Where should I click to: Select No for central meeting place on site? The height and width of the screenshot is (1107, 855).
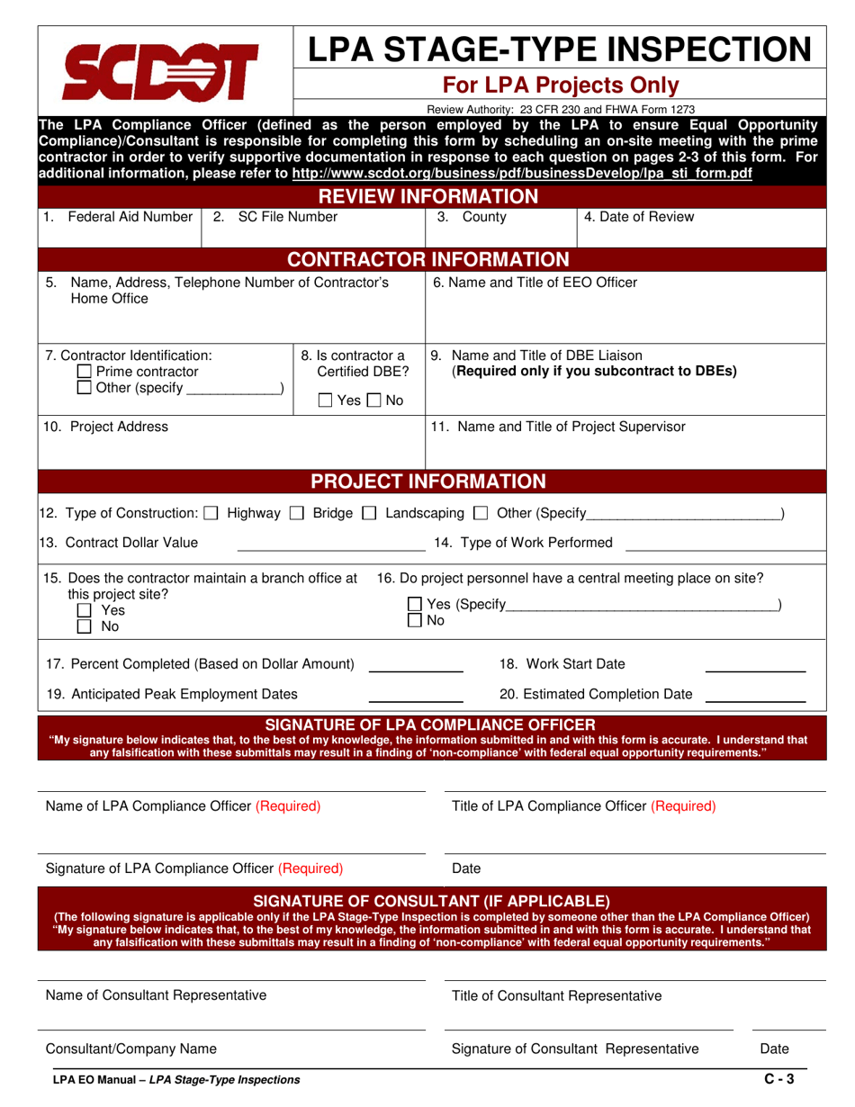415,620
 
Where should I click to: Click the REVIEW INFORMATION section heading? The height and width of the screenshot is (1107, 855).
427,196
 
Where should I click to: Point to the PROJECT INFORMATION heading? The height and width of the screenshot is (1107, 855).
427,481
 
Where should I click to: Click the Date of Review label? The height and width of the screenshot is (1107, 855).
639,217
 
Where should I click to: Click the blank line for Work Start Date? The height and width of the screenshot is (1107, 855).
754,670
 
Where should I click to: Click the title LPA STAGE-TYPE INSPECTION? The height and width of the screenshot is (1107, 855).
559,49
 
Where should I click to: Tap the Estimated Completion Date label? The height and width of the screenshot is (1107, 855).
596,694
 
